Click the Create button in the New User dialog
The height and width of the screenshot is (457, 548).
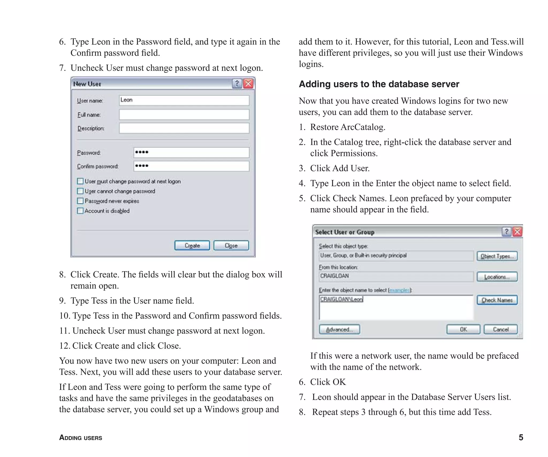(192, 245)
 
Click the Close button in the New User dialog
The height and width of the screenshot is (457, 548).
(231, 245)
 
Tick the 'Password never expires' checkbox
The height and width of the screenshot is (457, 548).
(80, 201)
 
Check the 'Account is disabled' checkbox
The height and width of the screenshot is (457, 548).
(80, 211)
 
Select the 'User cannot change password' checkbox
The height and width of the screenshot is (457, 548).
(80, 191)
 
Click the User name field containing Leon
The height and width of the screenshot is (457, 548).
(184, 100)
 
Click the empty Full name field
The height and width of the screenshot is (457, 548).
(184, 115)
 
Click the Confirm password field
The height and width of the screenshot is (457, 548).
(191, 166)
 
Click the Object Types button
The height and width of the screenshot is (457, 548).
(497, 256)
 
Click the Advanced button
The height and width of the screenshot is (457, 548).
(339, 329)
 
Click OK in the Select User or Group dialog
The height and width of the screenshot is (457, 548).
(463, 329)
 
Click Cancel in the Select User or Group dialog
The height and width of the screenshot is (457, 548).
(500, 329)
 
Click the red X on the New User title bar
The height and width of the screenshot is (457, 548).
(249, 84)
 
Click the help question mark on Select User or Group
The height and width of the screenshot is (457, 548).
(506, 232)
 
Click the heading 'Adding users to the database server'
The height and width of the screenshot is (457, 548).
(379, 84)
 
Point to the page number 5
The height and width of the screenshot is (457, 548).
(521, 437)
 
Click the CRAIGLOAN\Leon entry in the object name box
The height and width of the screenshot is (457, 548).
(341, 299)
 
